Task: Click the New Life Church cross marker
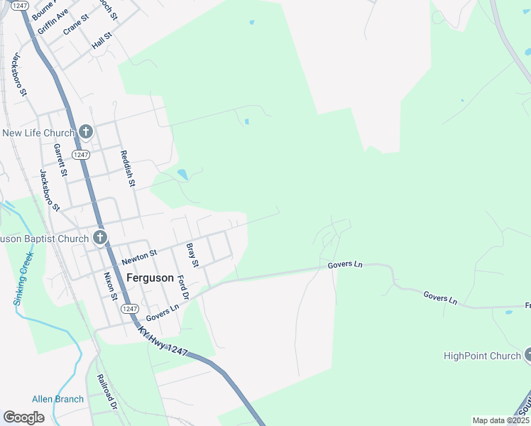pyautogui.click(x=86, y=131)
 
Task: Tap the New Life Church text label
pyautogui.click(x=38, y=133)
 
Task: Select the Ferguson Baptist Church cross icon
pyautogui.click(x=100, y=237)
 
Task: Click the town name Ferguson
pyautogui.click(x=149, y=278)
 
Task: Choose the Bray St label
pyautogui.click(x=191, y=255)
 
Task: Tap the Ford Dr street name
pyautogui.click(x=184, y=287)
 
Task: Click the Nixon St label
pyautogui.click(x=109, y=285)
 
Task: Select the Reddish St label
pyautogui.click(x=128, y=168)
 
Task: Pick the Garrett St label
pyautogui.click(x=60, y=160)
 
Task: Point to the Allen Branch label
pyautogui.click(x=58, y=399)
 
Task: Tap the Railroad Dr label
pyautogui.click(x=107, y=393)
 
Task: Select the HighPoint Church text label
pyautogui.click(x=482, y=356)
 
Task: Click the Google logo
pyautogui.click(x=24, y=417)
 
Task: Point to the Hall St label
pyautogui.click(x=102, y=40)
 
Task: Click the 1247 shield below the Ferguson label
pyautogui.click(x=129, y=308)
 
